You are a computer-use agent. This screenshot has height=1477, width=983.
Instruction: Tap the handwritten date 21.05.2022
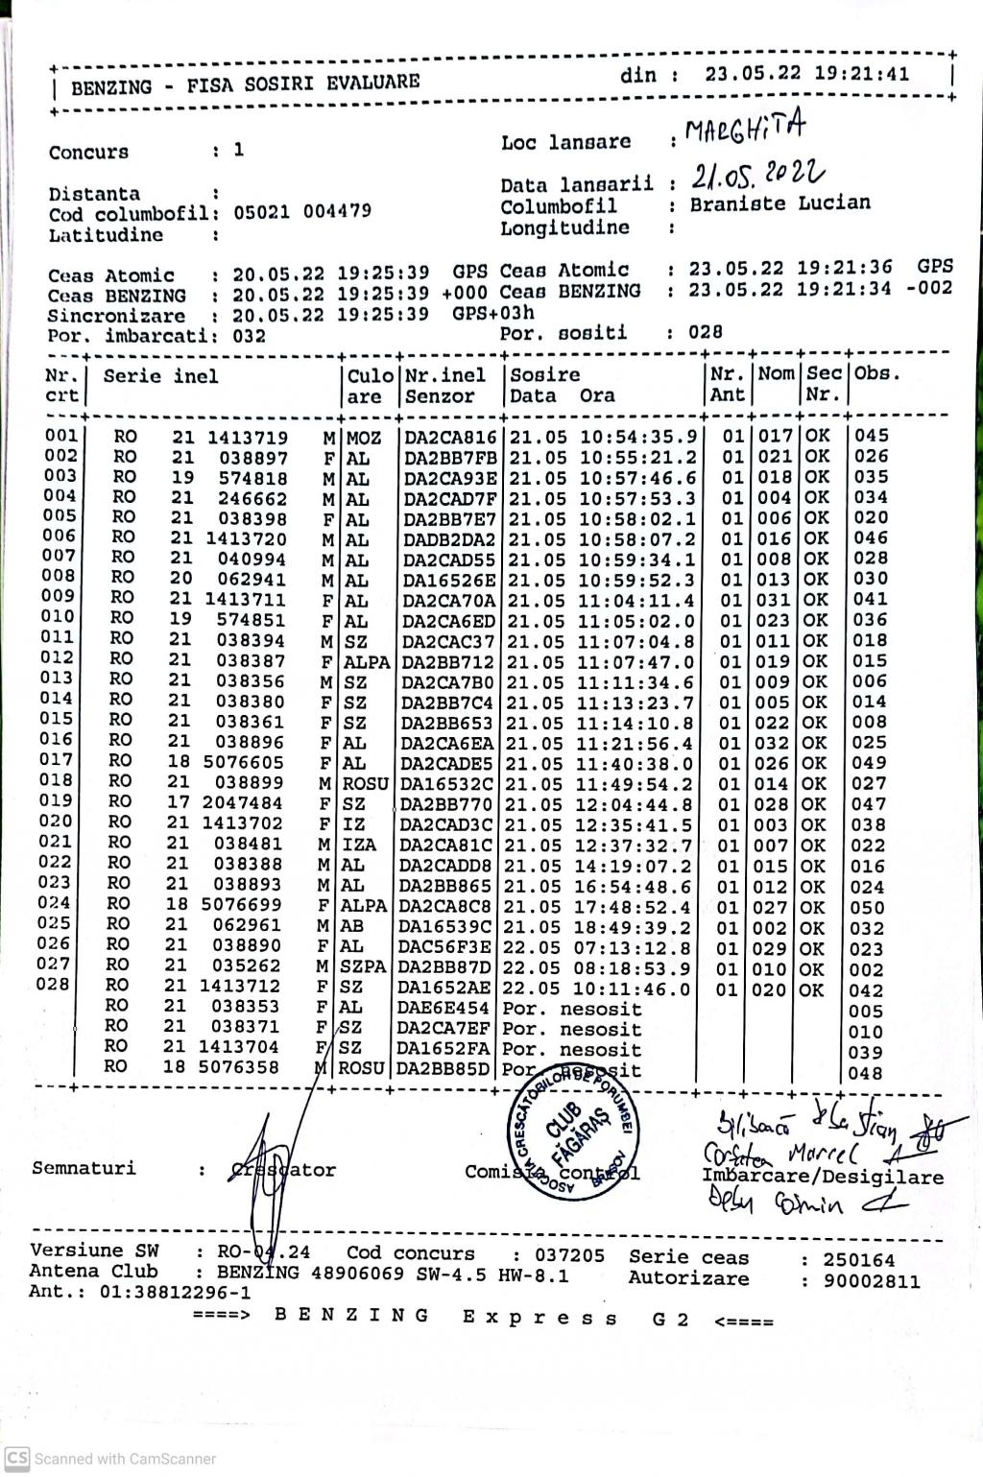coord(757,174)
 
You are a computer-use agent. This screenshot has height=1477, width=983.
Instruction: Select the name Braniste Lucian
coord(779,202)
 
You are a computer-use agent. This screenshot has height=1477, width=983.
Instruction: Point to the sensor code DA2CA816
coord(450,437)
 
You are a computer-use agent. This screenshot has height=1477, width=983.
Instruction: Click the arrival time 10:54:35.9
coord(635,437)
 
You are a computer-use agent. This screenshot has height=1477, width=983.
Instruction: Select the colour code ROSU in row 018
coord(365,783)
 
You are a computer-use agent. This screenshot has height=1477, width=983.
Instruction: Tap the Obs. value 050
coord(869,907)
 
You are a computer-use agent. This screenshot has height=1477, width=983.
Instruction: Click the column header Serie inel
coord(160,376)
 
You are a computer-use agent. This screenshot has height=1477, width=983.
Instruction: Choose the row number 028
coord(54,985)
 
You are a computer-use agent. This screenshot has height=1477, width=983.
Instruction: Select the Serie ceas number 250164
coord(859,1259)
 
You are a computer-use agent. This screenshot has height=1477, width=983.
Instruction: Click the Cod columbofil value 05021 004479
coord(302,212)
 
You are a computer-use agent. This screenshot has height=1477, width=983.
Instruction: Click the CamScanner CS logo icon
coord(17,1457)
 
